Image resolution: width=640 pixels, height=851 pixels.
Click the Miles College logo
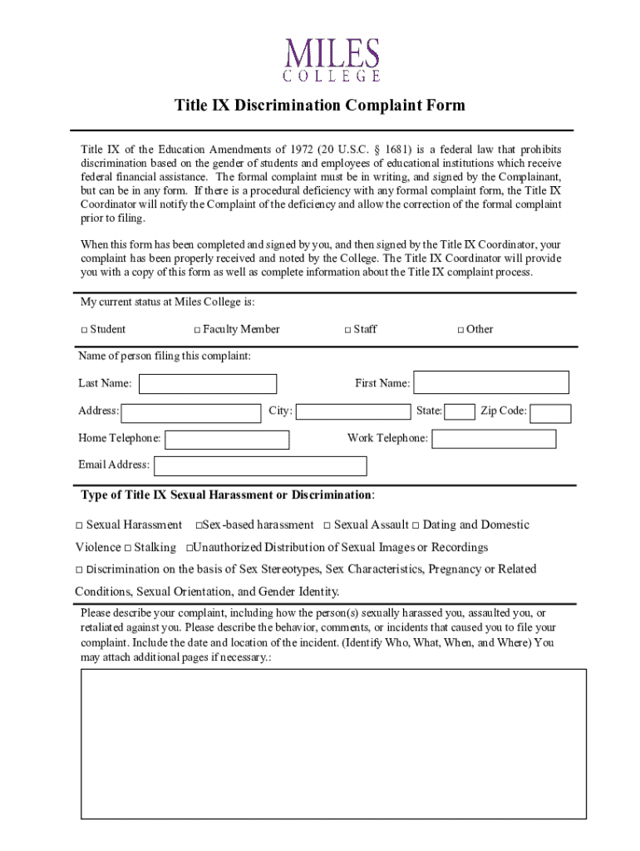coord(332,60)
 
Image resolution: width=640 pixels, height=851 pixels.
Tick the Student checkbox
coord(84,330)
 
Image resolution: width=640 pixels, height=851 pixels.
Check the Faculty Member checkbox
coord(197,330)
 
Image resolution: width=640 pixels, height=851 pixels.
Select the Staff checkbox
coord(347,330)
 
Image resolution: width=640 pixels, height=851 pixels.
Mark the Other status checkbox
coord(460,330)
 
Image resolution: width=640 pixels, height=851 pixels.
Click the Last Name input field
coord(208,384)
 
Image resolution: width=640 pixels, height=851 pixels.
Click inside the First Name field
coord(491,383)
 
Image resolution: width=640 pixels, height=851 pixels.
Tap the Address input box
coord(190,413)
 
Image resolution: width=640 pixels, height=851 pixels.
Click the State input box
coord(460,411)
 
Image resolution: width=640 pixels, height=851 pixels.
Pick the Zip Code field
coord(550,413)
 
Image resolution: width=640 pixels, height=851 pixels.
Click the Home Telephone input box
coord(227,440)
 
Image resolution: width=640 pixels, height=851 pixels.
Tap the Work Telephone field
coord(494,439)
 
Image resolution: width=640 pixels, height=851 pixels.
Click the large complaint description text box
coord(333,743)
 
